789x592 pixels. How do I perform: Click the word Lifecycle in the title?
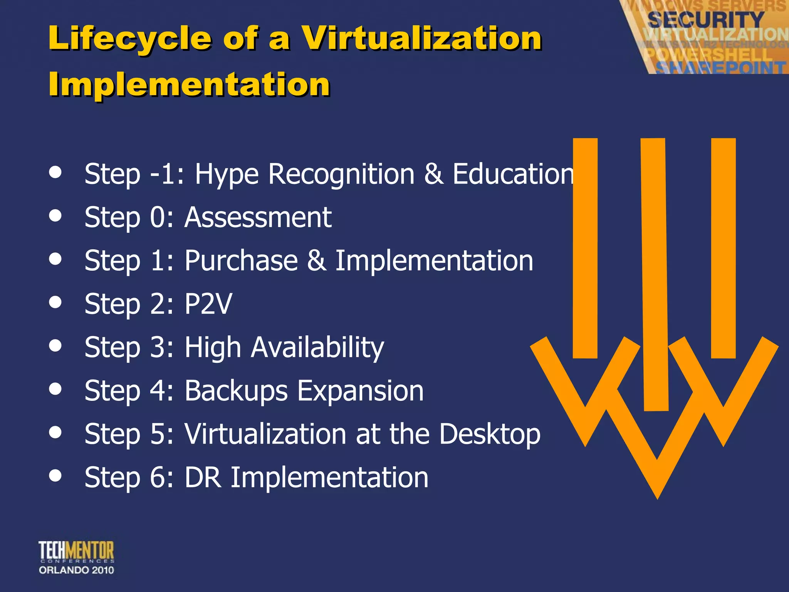130,39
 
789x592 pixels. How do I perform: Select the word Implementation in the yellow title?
189,84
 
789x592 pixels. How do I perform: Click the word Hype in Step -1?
226,175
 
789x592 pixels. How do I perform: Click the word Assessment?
258,217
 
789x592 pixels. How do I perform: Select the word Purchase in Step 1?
241,261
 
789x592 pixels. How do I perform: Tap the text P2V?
208,304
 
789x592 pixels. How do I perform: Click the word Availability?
317,348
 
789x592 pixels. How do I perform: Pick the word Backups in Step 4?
236,391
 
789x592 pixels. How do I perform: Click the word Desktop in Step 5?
490,434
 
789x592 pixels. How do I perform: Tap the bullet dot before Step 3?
55,345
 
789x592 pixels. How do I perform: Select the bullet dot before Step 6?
55,475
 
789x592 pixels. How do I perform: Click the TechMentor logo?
76,551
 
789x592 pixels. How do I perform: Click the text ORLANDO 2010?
76,570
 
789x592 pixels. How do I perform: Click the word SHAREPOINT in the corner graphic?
720,68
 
